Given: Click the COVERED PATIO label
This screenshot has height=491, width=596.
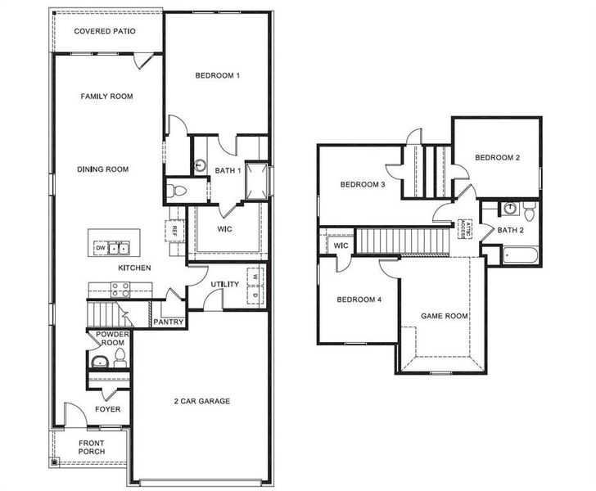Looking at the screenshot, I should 105,32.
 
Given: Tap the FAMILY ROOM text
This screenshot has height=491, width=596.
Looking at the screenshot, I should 106,97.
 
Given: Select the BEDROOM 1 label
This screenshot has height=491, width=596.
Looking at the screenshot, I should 217,76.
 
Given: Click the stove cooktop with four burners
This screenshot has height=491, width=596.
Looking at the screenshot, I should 121,288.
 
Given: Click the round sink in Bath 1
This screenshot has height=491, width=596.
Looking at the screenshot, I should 200,165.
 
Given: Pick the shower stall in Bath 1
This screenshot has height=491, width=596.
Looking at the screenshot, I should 255,178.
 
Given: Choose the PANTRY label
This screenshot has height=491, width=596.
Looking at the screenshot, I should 168,322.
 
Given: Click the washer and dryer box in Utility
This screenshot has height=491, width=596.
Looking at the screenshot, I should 255,286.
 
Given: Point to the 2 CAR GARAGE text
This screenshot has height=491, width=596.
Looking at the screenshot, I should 201,401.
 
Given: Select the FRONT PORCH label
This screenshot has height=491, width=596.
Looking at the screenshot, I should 91,448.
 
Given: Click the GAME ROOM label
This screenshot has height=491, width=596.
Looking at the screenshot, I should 445,315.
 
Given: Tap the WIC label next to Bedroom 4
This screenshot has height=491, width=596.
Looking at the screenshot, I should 341,245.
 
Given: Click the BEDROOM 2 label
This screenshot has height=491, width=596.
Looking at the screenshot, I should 497,158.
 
